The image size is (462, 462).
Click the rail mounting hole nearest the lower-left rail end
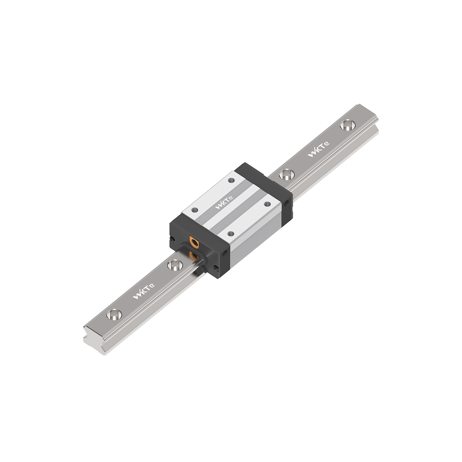pos(114,314)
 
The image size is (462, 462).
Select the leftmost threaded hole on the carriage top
pos(194,210)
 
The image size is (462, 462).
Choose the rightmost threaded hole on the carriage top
pos(267,204)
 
